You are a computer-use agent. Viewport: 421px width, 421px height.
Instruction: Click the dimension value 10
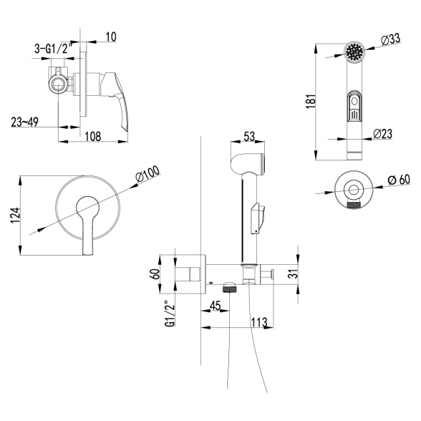(x=111, y=37)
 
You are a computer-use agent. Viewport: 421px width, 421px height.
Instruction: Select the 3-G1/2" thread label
(x=54, y=49)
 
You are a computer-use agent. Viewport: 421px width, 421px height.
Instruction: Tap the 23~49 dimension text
(x=24, y=122)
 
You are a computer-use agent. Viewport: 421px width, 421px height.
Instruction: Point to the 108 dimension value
(x=93, y=136)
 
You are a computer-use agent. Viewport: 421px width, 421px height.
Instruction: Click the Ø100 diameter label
(x=147, y=174)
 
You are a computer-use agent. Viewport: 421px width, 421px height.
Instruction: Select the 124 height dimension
(x=15, y=215)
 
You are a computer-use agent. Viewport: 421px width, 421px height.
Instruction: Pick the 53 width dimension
(x=249, y=136)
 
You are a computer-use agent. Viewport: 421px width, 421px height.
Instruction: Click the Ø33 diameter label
(x=391, y=39)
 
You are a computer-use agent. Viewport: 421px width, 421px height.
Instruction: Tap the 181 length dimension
(x=311, y=102)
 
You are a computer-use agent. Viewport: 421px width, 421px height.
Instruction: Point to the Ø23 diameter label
(x=382, y=134)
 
